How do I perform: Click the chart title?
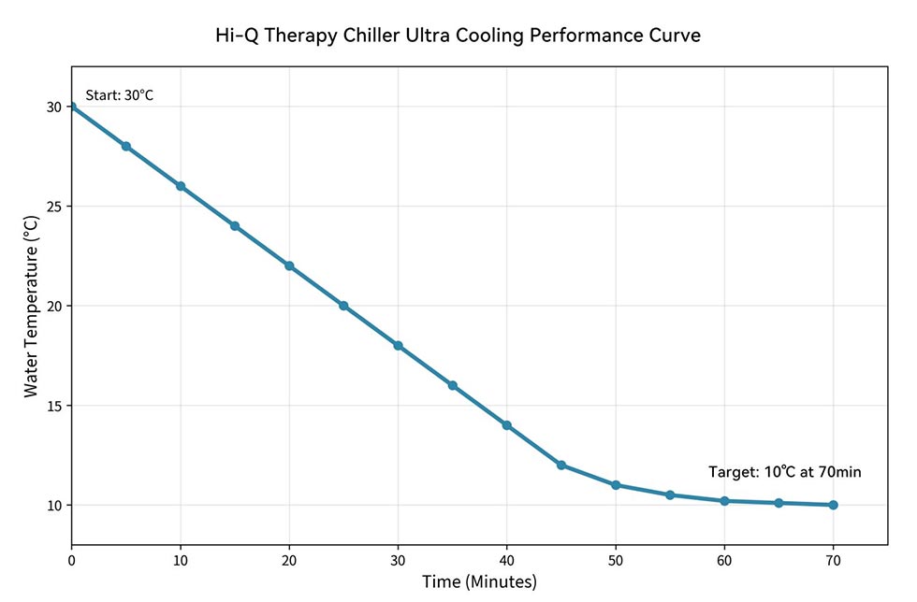[x=458, y=36]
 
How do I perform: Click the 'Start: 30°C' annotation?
[x=119, y=95]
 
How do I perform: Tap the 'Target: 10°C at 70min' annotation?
[x=784, y=472]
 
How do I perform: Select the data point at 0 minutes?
[x=72, y=107]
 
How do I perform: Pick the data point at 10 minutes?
[x=181, y=186]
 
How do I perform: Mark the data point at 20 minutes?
[x=289, y=265]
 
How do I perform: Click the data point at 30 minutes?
[x=398, y=346]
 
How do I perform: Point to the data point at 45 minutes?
[x=561, y=465]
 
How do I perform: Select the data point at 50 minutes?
[x=616, y=485]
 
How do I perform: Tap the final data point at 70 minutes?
[x=833, y=505]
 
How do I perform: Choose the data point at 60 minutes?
[x=724, y=501]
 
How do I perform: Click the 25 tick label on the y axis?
[x=54, y=207]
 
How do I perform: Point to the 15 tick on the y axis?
[x=54, y=406]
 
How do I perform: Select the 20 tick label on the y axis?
[x=54, y=306]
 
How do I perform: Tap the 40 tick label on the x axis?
[x=506, y=559]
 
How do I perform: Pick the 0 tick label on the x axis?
[x=72, y=559]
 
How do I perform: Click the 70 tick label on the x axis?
[x=833, y=559]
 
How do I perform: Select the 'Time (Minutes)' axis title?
[x=479, y=582]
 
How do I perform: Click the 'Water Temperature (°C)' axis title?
[x=32, y=306]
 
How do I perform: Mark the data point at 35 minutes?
[x=452, y=385]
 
